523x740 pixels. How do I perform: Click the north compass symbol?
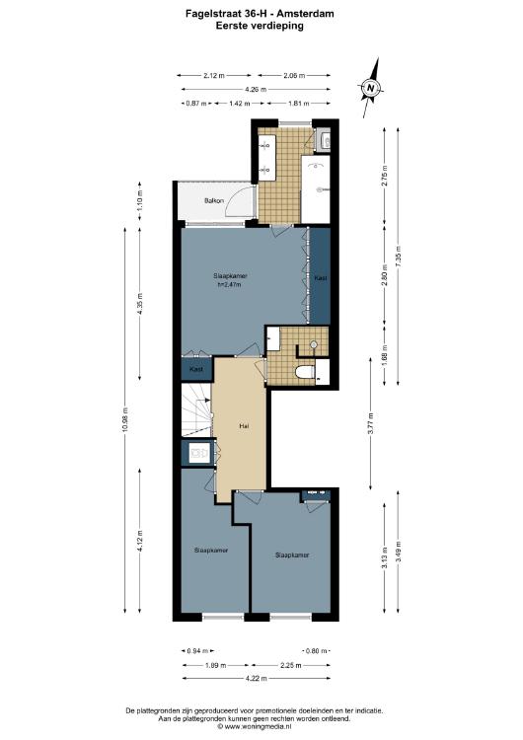point(371,88)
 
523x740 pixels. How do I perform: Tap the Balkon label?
point(214,200)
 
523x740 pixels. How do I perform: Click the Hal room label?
point(244,425)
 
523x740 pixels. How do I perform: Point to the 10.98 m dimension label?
point(124,420)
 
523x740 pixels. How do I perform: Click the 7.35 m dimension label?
point(398,256)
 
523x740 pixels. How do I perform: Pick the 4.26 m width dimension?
point(256,89)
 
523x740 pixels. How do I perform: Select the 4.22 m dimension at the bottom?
point(257,679)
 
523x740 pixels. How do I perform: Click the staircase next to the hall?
point(196,409)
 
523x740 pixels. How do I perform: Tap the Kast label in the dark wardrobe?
point(321,278)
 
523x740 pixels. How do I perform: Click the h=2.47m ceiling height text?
point(230,284)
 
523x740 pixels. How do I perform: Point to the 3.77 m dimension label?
point(370,423)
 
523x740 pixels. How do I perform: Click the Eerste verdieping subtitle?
point(260,26)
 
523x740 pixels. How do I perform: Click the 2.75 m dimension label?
point(384,176)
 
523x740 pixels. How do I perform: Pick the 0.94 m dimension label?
point(197,651)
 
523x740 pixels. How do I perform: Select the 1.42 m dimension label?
point(240,104)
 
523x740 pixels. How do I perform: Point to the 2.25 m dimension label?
point(291,665)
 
